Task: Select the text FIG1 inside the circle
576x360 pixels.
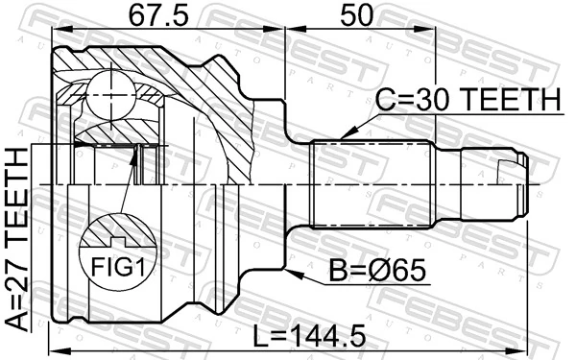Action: pyautogui.click(x=113, y=265)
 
